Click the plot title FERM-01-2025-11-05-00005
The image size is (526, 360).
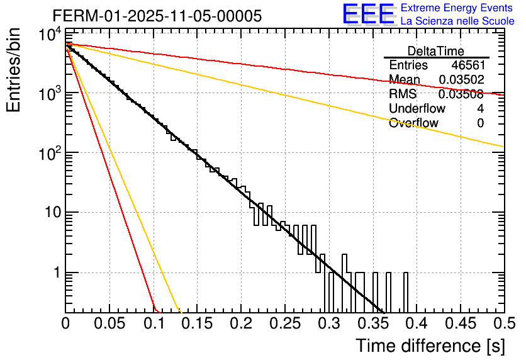[157, 16]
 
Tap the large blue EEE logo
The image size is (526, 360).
[367, 14]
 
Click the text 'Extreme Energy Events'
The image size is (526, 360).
[457, 8]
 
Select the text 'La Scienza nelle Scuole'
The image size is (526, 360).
[457, 21]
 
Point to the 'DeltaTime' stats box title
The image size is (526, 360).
[436, 51]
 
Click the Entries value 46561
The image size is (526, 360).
[467, 65]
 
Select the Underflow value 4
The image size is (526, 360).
[480, 108]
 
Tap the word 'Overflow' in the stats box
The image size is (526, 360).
[413, 123]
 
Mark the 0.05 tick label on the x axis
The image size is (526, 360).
[109, 323]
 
